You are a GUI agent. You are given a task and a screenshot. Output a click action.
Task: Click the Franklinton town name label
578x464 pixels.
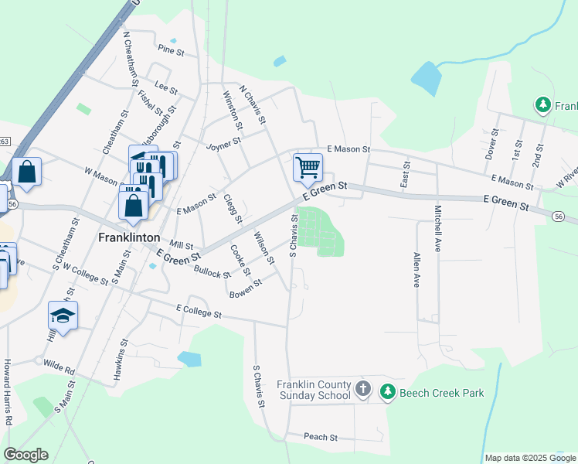pyautogui.click(x=129, y=237)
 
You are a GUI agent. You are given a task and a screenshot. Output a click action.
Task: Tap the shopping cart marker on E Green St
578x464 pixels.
pyautogui.click(x=308, y=166)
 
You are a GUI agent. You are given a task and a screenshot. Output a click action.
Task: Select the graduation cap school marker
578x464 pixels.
pyautogui.click(x=63, y=316)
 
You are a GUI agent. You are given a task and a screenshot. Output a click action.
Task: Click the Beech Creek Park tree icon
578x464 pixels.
pyautogui.click(x=388, y=393)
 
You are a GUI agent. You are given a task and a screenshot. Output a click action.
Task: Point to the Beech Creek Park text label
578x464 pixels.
pyautogui.click(x=441, y=393)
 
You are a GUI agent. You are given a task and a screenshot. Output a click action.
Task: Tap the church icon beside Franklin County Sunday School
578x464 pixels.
pyautogui.click(x=363, y=390)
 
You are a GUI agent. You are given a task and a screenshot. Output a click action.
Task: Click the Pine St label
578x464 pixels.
pyautogui.click(x=171, y=52)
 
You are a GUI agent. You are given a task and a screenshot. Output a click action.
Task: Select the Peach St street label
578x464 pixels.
pyautogui.click(x=321, y=437)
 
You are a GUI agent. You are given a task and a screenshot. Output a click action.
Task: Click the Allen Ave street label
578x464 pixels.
pyautogui.click(x=416, y=270)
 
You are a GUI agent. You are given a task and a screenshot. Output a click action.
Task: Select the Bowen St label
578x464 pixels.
pyautogui.click(x=246, y=288)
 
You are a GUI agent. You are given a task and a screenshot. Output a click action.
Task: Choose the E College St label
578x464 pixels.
pyautogui.click(x=199, y=312)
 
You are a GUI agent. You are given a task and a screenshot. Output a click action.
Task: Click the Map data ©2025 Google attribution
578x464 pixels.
pyautogui.click(x=529, y=458)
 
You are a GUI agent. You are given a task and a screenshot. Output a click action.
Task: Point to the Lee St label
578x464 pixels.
pyautogui.click(x=161, y=86)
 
